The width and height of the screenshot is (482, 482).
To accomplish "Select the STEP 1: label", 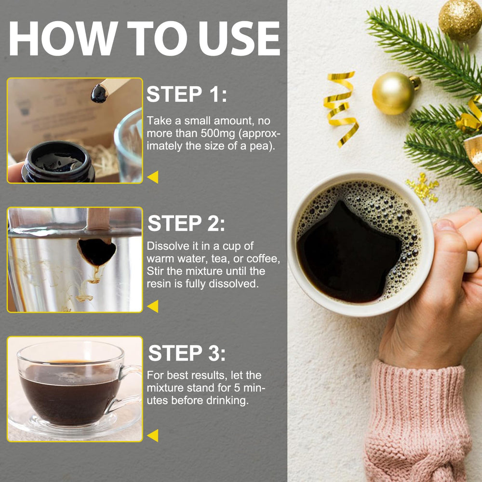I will pyautogui.click(x=186, y=94).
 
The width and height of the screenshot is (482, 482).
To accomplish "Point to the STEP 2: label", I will pyautogui.click(x=186, y=224).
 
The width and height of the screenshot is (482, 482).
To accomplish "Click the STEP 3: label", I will pyautogui.click(x=187, y=353).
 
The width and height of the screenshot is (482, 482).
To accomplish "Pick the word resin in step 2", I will pyautogui.click(x=160, y=284).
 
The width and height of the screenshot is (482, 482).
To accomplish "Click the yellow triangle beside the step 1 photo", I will pyautogui.click(x=153, y=177).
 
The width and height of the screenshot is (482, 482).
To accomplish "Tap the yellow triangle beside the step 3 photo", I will pyautogui.click(x=153, y=436).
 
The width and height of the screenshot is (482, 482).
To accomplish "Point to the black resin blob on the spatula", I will pyautogui.click(x=99, y=93).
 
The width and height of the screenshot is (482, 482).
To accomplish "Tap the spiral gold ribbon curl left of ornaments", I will pyautogui.click(x=341, y=108).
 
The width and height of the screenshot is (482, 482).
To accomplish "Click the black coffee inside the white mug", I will pyautogui.click(x=347, y=251).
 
